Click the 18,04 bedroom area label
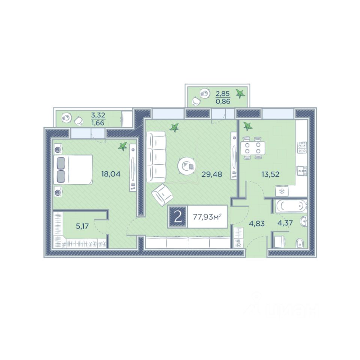[111, 174]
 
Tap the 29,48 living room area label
[211, 174]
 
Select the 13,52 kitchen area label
[270, 174]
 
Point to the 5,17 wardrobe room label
[82, 226]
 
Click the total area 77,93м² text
[207, 216]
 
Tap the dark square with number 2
[178, 217]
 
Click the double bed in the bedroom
[73, 169]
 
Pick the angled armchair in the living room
[162, 195]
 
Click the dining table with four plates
[252, 148]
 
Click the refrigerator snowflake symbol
[282, 191]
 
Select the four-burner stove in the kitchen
[302, 147]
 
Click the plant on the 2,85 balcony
[240, 94]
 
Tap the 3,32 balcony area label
[98, 115]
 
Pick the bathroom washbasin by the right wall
[303, 222]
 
